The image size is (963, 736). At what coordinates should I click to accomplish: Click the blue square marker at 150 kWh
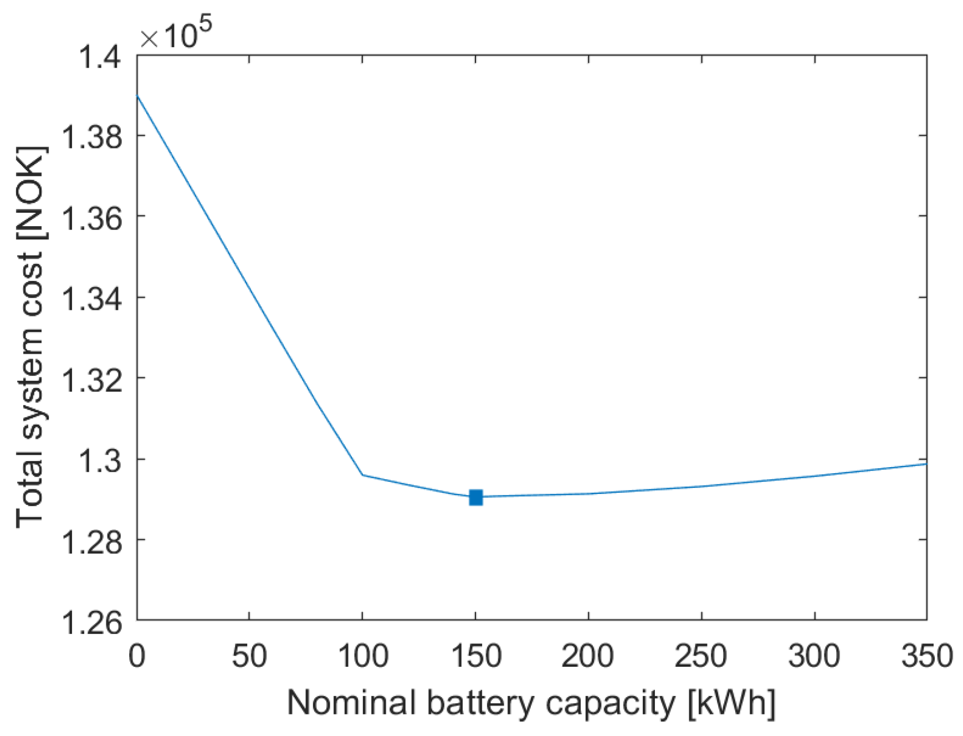coord(475,497)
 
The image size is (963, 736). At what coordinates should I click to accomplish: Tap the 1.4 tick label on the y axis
coord(99,57)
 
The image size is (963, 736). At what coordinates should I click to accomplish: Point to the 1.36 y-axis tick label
coord(90,217)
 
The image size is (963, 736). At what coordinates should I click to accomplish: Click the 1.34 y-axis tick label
coord(90,298)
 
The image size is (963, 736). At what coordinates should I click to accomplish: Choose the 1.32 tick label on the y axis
coord(90,379)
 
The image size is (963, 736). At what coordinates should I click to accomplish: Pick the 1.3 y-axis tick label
coord(99,459)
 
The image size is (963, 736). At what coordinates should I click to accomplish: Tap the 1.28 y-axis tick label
coord(90,540)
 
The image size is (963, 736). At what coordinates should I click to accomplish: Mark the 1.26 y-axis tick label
coord(90,621)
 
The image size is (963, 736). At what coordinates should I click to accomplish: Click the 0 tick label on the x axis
coord(137,656)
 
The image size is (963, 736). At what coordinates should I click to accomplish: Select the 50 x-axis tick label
coord(249,656)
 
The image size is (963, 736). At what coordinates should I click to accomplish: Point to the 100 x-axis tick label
coord(362,656)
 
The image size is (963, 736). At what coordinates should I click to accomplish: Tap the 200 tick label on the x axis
coord(588,656)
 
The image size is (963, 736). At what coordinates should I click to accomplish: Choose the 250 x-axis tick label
coord(701,656)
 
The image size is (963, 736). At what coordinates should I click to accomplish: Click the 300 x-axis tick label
coord(814,656)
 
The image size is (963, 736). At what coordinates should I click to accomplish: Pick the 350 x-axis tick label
coord(926,656)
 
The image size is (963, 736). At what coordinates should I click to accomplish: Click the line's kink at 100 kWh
coord(362,474)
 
